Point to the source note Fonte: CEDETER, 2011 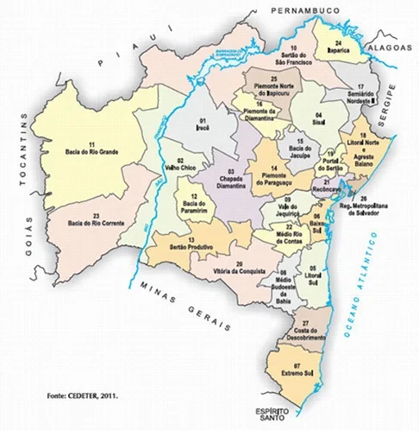click(83, 396)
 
